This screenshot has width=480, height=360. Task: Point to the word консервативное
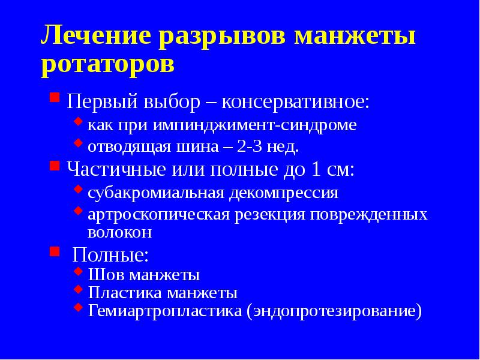click(x=296, y=101)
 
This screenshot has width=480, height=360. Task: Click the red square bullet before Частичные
click(x=54, y=164)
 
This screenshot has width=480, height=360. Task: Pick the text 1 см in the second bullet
click(x=332, y=169)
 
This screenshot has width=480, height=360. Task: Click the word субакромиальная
click(x=155, y=193)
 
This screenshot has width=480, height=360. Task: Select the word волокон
click(x=119, y=232)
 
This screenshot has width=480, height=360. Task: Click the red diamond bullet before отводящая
click(x=77, y=143)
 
